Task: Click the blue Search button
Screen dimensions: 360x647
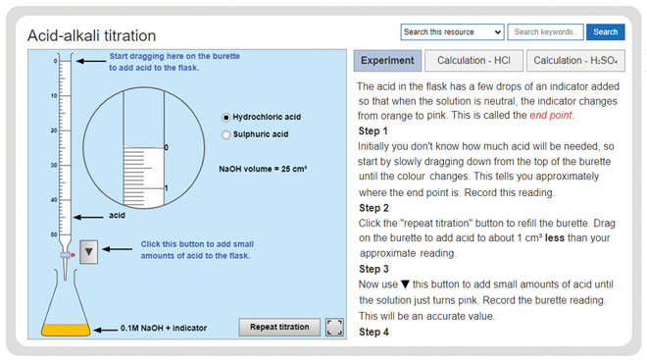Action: pyautogui.click(x=605, y=31)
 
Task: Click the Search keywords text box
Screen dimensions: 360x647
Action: pyautogui.click(x=546, y=31)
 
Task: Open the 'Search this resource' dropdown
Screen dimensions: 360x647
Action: pyautogui.click(x=452, y=31)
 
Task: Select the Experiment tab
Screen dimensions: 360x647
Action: pyautogui.click(x=387, y=61)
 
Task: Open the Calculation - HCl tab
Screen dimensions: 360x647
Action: pyautogui.click(x=474, y=61)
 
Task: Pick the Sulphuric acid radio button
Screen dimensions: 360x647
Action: pyautogui.click(x=227, y=134)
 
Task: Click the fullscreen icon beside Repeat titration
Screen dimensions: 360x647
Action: pyautogui.click(x=334, y=327)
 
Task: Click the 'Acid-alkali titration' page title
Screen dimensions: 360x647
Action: pyautogui.click(x=92, y=35)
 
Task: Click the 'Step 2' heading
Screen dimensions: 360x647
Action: pyautogui.click(x=373, y=208)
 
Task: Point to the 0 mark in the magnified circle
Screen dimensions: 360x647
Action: pyautogui.click(x=167, y=148)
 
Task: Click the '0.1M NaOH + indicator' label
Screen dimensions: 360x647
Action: pyautogui.click(x=163, y=328)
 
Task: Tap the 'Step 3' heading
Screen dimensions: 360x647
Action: pyautogui.click(x=373, y=269)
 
